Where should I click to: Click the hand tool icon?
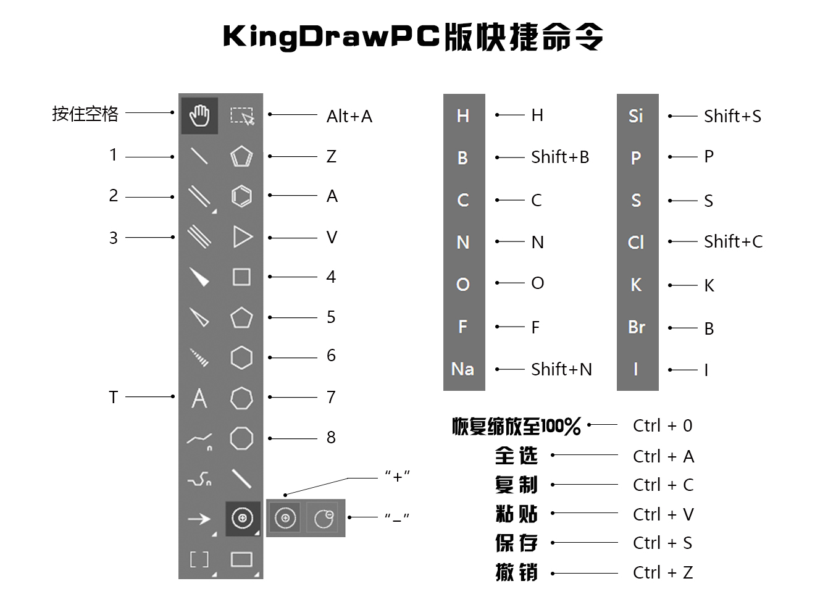point(199,115)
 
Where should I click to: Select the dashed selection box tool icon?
point(241,115)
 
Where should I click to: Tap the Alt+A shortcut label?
point(349,116)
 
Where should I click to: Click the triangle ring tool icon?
point(242,237)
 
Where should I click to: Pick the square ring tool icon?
point(241,277)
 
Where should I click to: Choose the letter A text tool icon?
point(199,398)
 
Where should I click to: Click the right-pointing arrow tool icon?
point(199,519)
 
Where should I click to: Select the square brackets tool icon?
point(199,559)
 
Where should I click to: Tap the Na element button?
point(463,369)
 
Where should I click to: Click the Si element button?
point(636,116)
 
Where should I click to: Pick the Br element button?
point(637,327)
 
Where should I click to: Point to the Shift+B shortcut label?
point(560,157)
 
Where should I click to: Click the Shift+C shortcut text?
point(733,241)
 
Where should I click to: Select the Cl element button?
point(636,242)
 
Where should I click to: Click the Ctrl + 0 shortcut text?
point(663,426)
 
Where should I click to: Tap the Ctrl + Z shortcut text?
point(663,573)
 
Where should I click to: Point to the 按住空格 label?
point(85,114)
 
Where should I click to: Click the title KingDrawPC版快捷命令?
point(413,37)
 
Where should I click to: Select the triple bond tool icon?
point(199,237)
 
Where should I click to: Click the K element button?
point(636,285)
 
